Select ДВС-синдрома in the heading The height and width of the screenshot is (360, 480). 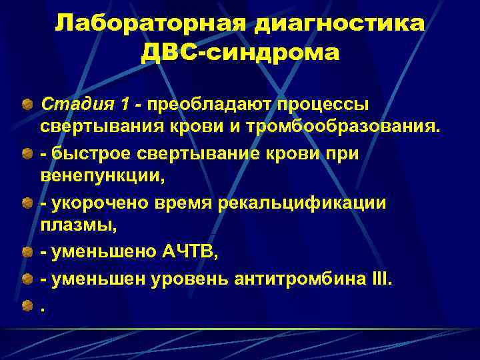240,52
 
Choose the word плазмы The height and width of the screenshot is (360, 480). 77,227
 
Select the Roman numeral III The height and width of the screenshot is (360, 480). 383,280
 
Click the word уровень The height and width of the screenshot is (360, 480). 196,280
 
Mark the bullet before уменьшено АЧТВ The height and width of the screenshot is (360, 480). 27,253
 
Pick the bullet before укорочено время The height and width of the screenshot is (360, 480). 27,203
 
